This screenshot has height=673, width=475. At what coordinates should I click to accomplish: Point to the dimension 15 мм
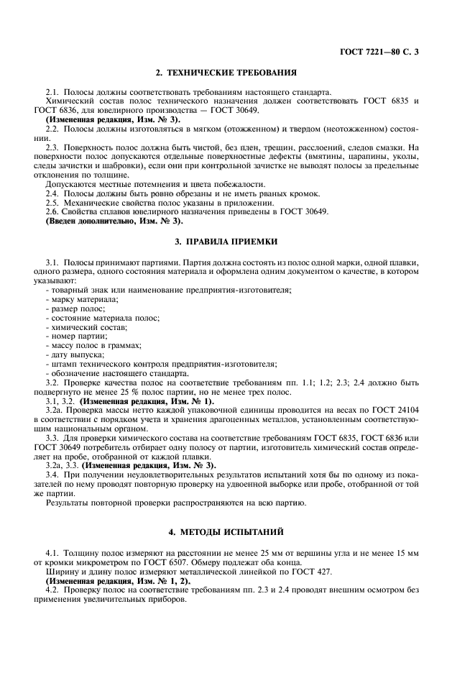pos(407,555)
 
